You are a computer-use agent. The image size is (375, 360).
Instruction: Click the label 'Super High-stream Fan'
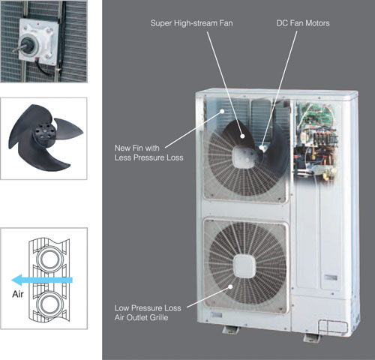point(191,23)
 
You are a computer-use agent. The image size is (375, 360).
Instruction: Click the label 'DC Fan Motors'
point(303,23)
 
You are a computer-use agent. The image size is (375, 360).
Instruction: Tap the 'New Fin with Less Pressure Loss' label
point(148,153)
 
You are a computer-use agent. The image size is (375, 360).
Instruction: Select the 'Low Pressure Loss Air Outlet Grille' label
point(148,313)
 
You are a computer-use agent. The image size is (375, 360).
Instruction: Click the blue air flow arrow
point(42,280)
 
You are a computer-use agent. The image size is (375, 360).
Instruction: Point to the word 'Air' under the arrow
point(18,294)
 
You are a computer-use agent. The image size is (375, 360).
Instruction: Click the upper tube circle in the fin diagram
point(49,259)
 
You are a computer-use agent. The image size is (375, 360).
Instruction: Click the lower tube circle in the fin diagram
point(49,304)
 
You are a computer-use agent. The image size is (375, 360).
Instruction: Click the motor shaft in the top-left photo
point(19,49)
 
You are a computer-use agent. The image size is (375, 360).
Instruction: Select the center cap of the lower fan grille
point(244,265)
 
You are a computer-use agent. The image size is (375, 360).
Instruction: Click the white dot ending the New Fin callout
point(222,111)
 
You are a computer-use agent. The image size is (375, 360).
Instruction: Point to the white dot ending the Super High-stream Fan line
point(242,136)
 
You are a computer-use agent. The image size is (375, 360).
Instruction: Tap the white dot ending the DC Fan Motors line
point(262,148)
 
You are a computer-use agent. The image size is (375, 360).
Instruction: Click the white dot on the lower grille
point(230,286)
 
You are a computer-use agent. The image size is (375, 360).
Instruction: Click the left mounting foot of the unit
point(230,330)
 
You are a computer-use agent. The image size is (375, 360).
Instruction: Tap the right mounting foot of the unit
point(311,337)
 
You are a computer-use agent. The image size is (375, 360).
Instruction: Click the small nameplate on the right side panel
point(331,277)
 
